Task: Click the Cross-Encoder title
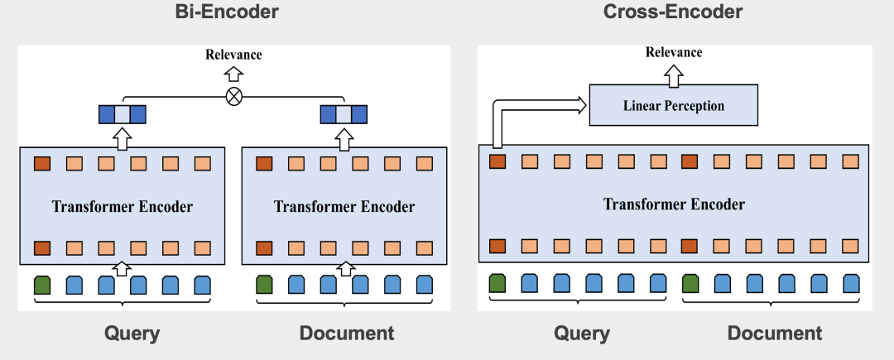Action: pyautogui.click(x=672, y=12)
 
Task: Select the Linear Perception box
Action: pyautogui.click(x=673, y=106)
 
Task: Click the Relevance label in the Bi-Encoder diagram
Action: pyautogui.click(x=233, y=55)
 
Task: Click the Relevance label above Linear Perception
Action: pyautogui.click(x=674, y=52)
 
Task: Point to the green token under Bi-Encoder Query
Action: pyautogui.click(x=42, y=286)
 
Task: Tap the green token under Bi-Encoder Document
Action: pyautogui.click(x=264, y=286)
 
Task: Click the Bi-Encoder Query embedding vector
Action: pyautogui.click(x=123, y=113)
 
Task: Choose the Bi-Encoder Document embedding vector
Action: pyautogui.click(x=344, y=113)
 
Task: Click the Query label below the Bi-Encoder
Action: pyautogui.click(x=132, y=334)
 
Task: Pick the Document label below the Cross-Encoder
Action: pyautogui.click(x=775, y=334)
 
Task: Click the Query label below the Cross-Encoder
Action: pyautogui.click(x=582, y=334)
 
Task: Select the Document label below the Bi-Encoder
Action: pyautogui.click(x=347, y=334)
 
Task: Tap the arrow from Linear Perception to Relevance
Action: pyautogui.click(x=674, y=77)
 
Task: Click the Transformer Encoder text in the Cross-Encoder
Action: pyautogui.click(x=674, y=204)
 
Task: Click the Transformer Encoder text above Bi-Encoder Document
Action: pyautogui.click(x=344, y=206)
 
